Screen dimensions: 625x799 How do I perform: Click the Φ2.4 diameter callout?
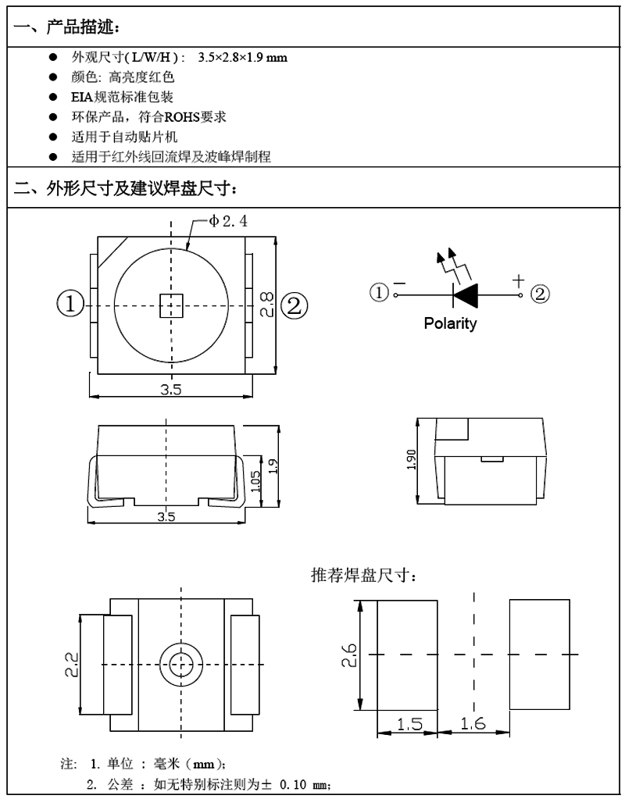pyautogui.click(x=228, y=221)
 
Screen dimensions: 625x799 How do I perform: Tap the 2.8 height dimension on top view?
pyautogui.click(x=267, y=305)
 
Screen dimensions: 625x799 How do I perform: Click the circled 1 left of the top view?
pyautogui.click(x=70, y=304)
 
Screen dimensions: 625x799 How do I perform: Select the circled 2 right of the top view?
pyautogui.click(x=295, y=306)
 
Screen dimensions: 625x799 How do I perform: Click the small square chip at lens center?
pyautogui.click(x=171, y=305)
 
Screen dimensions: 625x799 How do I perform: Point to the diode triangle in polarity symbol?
pyautogui.click(x=466, y=295)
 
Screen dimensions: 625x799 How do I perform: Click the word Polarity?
pyautogui.click(x=450, y=323)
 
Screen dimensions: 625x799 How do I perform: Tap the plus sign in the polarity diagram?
pyautogui.click(x=518, y=280)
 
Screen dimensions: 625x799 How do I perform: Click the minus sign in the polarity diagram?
pyautogui.click(x=400, y=284)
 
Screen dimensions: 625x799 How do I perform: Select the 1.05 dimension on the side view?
pyautogui.click(x=256, y=481)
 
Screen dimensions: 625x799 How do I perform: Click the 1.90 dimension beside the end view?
pyautogui.click(x=412, y=459)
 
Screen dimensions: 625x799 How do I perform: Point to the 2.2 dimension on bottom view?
pyautogui.click(x=72, y=665)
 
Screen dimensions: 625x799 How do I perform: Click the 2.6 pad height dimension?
pyautogui.click(x=350, y=655)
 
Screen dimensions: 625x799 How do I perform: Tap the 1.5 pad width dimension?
pyautogui.click(x=409, y=724)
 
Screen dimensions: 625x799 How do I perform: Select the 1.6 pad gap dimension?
pyautogui.click(x=473, y=723)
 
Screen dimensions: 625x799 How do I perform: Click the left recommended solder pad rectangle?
pyautogui.click(x=407, y=655)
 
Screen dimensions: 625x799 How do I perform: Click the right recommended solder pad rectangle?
pyautogui.click(x=539, y=655)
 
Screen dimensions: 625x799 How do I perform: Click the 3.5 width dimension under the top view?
pyautogui.click(x=171, y=390)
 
